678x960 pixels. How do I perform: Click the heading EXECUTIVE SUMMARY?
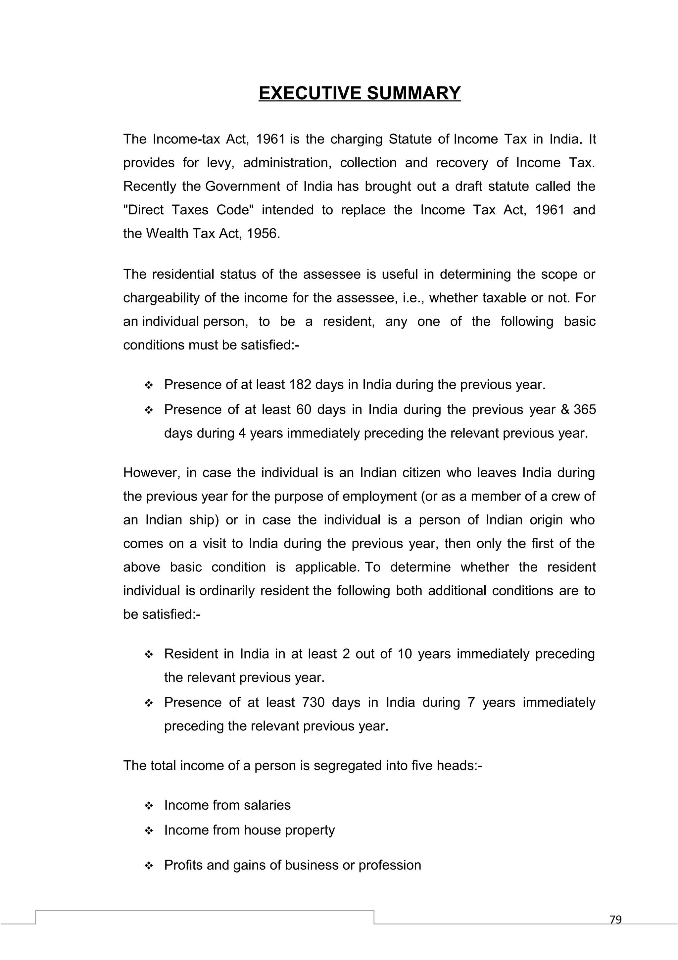coord(359,93)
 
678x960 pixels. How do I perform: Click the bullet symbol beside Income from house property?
coord(149,831)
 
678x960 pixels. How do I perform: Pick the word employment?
coord(379,496)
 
